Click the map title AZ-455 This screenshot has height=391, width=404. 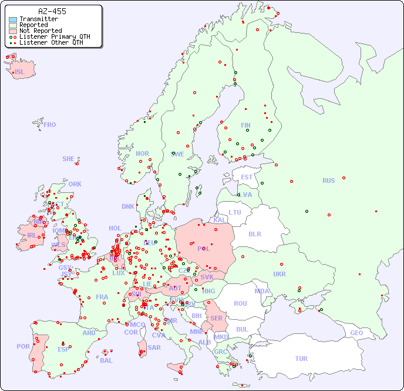pyautogui.click(x=52, y=11)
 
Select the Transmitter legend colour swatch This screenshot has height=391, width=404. pyautogui.click(x=13, y=19)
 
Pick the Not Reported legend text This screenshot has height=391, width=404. pyautogui.click(x=41, y=31)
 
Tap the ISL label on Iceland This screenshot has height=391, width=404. pyautogui.click(x=20, y=72)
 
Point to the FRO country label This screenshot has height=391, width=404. pyautogui.click(x=50, y=125)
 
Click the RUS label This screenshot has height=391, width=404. pyautogui.click(x=328, y=181)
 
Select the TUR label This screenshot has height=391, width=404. pyautogui.click(x=301, y=359)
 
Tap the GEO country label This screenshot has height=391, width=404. pyautogui.click(x=356, y=333)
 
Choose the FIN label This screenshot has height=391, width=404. pyautogui.click(x=245, y=125)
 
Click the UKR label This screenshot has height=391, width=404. pyautogui.click(x=280, y=274)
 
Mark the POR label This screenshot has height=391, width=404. pyautogui.click(x=23, y=346)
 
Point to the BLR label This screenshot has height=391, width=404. pyautogui.click(x=254, y=233)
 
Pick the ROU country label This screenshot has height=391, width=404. pyautogui.click(x=240, y=303)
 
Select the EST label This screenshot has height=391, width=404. pyautogui.click(x=247, y=177)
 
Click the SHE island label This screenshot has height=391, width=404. pyautogui.click(x=69, y=159)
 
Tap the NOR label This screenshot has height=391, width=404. pyautogui.click(x=142, y=153)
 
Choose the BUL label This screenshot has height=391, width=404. pyautogui.click(x=242, y=329)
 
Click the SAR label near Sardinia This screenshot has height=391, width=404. pyautogui.click(x=154, y=347)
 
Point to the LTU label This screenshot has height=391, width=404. pyautogui.click(x=235, y=212)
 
